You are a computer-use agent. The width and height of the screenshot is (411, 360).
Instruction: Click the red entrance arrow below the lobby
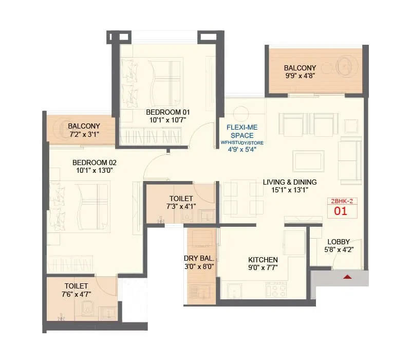pyautogui.click(x=348, y=277)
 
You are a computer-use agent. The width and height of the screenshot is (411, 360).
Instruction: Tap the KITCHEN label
pyautogui.click(x=263, y=260)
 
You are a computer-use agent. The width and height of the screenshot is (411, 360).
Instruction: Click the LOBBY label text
pyautogui.click(x=339, y=242)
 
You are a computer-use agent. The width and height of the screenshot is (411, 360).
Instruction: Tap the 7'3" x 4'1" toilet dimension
pyautogui.click(x=181, y=207)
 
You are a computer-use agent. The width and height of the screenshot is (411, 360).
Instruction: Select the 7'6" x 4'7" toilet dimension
pyautogui.click(x=76, y=294)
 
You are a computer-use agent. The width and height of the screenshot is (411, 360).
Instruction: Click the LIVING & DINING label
pyautogui.click(x=290, y=182)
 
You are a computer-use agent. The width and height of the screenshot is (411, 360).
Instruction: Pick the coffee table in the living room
pyautogui.click(x=308, y=160)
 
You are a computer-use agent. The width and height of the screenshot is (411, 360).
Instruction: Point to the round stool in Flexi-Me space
pyautogui.click(x=240, y=113)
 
